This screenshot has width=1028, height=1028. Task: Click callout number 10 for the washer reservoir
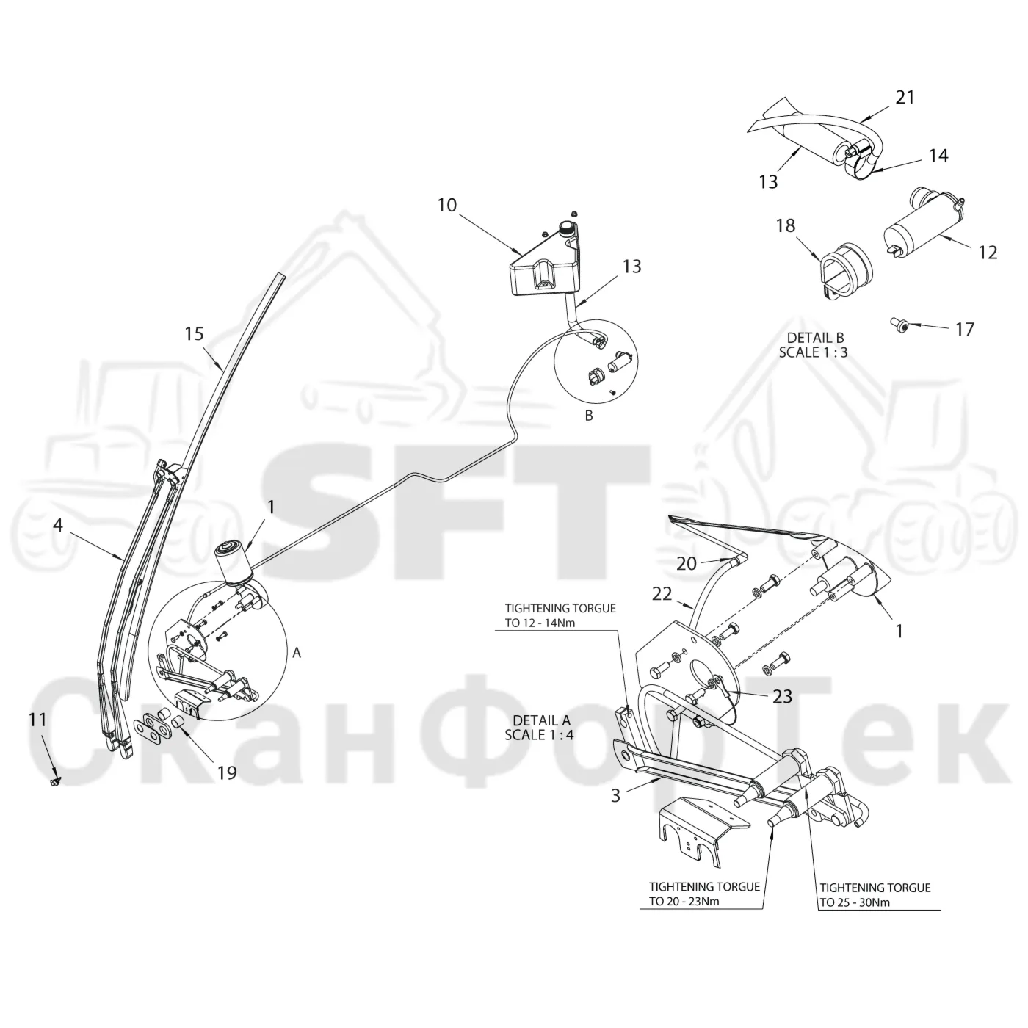coord(447,205)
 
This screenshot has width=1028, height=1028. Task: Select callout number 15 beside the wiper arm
coord(194,334)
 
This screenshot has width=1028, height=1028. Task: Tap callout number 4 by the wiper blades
coord(58,526)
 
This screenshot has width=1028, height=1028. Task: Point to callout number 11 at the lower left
coord(37,720)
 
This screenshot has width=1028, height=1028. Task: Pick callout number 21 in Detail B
coord(905,97)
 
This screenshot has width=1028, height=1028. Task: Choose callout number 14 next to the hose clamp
coord(938,156)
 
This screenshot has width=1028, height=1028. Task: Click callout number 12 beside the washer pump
coord(988,253)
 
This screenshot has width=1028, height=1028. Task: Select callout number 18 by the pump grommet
coord(786,225)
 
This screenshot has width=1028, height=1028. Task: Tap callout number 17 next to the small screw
coord(965,329)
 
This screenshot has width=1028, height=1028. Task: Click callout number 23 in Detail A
coord(783,696)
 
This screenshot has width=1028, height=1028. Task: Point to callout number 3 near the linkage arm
coord(615,795)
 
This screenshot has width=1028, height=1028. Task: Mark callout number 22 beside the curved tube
coord(662,594)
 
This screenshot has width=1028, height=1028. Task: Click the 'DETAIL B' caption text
coord(816,338)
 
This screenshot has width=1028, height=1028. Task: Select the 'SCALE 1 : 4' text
coord(539,734)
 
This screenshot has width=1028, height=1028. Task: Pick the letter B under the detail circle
coord(589,416)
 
